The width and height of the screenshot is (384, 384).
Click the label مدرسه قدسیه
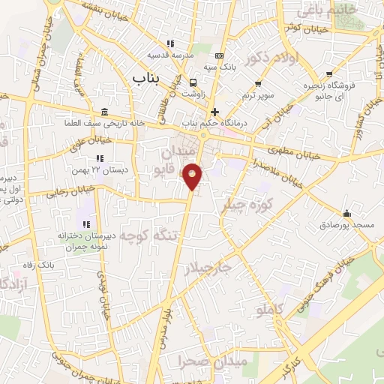[169, 55]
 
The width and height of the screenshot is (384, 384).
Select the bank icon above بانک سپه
[219, 55]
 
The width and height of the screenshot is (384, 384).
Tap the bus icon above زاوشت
[193, 82]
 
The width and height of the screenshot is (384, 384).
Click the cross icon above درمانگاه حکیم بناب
[214, 111]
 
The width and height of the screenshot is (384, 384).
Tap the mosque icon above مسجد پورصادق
[346, 214]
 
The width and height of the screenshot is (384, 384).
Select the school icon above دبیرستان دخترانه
[87, 224]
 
